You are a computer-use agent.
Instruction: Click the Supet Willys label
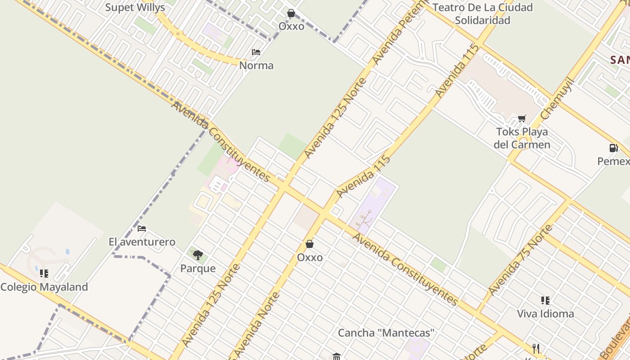135,8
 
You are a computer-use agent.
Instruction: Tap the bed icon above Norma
256,52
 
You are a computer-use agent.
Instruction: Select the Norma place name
256,66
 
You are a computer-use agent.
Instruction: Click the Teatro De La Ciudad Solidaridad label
482,14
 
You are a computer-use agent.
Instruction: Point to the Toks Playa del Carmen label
522,138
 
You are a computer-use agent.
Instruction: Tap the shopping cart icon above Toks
522,118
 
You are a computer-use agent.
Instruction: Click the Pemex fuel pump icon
613,148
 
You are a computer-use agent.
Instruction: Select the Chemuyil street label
557,99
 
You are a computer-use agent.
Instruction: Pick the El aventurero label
142,242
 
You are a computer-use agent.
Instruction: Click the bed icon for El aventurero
142,228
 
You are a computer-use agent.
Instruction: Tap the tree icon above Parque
198,255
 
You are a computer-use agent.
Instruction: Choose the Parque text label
198,269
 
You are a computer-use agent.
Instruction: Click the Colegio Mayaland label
44,287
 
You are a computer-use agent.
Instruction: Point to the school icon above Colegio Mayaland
44,273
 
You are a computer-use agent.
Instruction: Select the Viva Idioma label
545,314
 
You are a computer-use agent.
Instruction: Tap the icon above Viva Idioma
545,300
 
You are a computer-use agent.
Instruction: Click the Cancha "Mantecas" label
386,333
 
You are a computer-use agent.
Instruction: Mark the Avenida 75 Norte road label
520,261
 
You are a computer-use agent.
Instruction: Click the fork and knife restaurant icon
536,349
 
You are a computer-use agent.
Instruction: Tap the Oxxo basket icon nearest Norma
291,13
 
